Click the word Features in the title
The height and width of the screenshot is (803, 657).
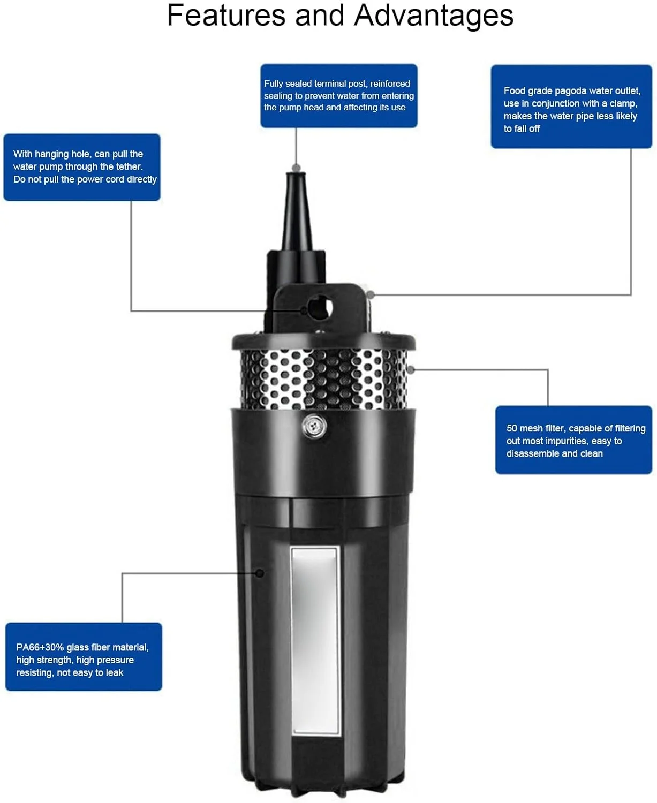226,16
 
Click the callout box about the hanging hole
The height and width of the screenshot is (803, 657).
82,167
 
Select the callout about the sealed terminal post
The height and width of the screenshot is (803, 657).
338,96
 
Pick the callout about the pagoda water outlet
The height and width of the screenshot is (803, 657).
571,107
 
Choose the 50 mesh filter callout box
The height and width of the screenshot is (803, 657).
573,440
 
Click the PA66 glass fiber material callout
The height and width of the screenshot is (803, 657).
84,656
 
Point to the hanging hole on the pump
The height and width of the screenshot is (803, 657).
320,308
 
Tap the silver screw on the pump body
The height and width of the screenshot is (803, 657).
314,427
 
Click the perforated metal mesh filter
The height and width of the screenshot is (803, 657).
324,379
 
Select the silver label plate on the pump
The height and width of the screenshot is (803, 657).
315,641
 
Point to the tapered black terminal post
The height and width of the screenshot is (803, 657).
297,211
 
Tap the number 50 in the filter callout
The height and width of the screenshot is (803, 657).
512,428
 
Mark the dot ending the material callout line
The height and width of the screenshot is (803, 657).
260,573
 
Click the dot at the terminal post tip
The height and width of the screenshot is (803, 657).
296,168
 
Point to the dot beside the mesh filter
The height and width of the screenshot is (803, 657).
411,369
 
